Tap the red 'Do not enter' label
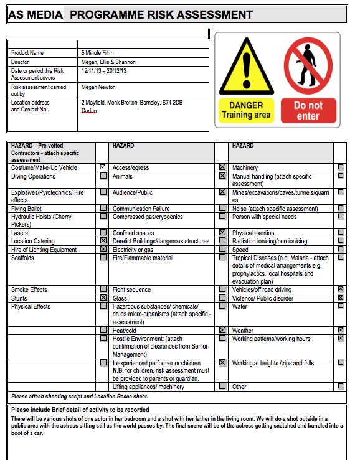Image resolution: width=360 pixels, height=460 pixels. (x=308, y=110)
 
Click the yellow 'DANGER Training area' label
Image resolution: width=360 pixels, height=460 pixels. (x=246, y=110)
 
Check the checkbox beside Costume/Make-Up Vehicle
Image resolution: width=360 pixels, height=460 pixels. (x=103, y=167)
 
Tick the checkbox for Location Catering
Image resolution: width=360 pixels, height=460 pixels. (x=103, y=241)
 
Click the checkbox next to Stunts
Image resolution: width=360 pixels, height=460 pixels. (x=103, y=298)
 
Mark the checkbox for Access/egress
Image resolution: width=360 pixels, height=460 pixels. (x=222, y=167)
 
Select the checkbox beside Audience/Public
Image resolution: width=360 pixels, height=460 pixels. (x=222, y=192)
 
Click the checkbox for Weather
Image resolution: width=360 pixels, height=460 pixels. (x=341, y=331)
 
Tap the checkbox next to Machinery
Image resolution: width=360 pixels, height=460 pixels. (x=341, y=167)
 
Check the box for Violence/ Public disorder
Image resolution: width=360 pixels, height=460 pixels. (x=341, y=298)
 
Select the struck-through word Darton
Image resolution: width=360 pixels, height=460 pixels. (x=90, y=110)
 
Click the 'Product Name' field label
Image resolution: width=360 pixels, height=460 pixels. (x=27, y=53)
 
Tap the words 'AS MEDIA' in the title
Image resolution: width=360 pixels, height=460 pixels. (x=35, y=15)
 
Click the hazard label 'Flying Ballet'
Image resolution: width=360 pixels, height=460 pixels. (x=27, y=209)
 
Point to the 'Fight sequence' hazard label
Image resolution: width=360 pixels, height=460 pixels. (x=131, y=290)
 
